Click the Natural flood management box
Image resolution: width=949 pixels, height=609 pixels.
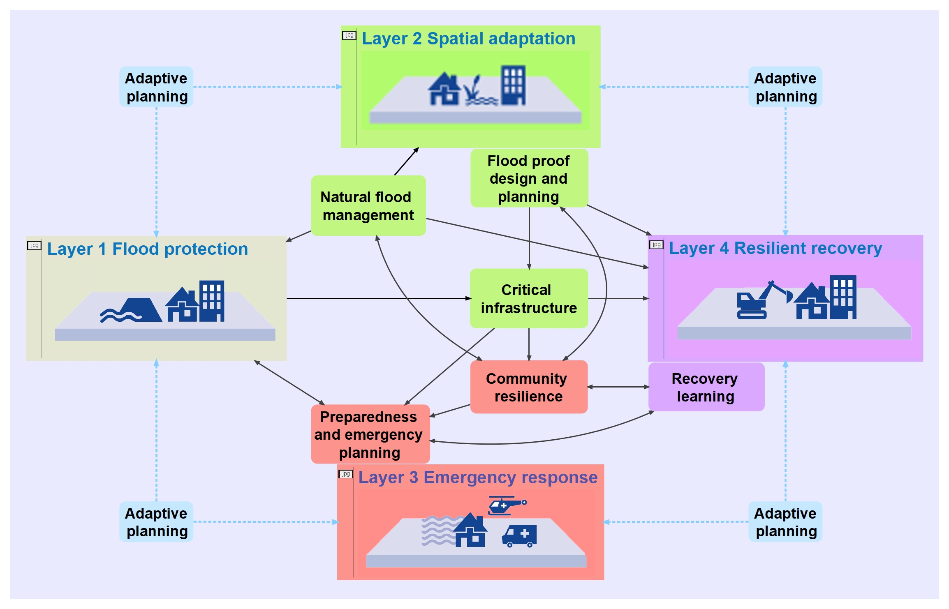pos(368,205)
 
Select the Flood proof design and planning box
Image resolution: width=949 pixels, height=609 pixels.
pos(529,178)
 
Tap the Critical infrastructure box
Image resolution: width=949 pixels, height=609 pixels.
pos(529,298)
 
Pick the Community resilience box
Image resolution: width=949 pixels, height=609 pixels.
pos(529,387)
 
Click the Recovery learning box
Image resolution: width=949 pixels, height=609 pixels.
pos(706,387)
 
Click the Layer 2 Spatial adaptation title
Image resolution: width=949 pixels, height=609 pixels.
pos(468,39)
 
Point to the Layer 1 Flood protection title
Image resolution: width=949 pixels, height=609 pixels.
pos(147,249)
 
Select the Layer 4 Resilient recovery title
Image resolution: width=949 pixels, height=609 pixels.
pos(775,248)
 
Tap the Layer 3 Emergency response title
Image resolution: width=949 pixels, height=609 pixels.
pos(477,478)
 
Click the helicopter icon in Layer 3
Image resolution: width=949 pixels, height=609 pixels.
pos(507,505)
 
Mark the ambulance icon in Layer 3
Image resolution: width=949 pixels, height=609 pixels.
pos(520,535)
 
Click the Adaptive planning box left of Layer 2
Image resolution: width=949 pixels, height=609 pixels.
pos(156,87)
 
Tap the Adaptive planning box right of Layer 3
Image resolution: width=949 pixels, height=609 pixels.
pos(785,522)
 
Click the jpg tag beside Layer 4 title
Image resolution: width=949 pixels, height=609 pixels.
pos(656,245)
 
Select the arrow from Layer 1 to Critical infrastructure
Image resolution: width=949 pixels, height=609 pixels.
pos(378,298)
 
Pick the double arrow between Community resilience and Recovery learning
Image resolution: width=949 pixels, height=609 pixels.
pos(618,387)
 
